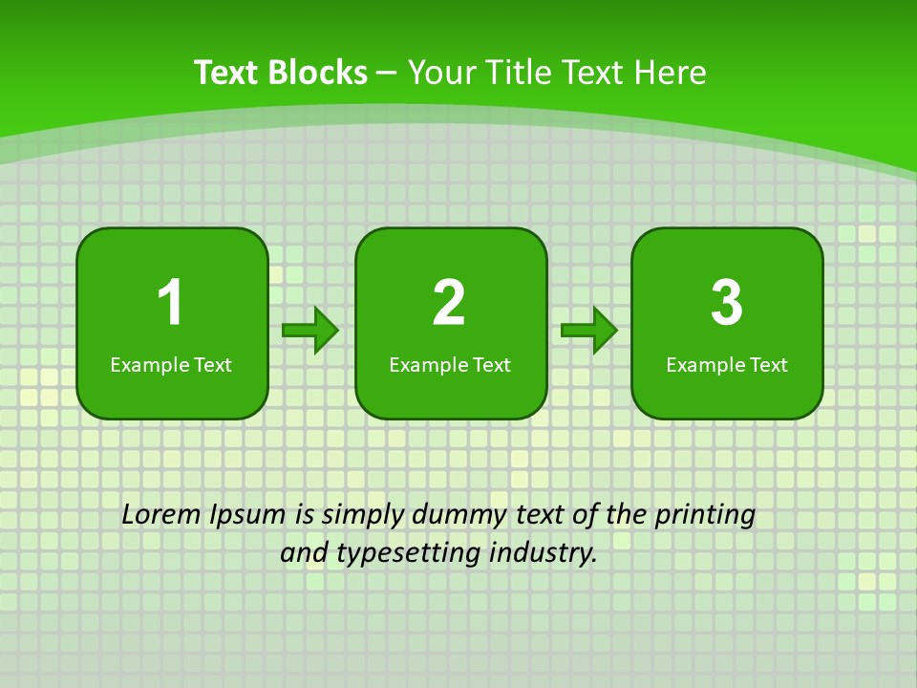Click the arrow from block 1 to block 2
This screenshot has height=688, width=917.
(310, 331)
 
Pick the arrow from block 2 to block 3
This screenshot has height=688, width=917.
(589, 331)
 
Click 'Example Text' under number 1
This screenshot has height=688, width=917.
(171, 364)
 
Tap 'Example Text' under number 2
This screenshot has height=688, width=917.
(450, 364)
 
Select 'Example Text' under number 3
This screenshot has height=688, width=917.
(727, 364)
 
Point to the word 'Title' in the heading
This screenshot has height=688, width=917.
(522, 73)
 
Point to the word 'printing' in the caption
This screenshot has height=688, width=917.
(705, 515)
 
